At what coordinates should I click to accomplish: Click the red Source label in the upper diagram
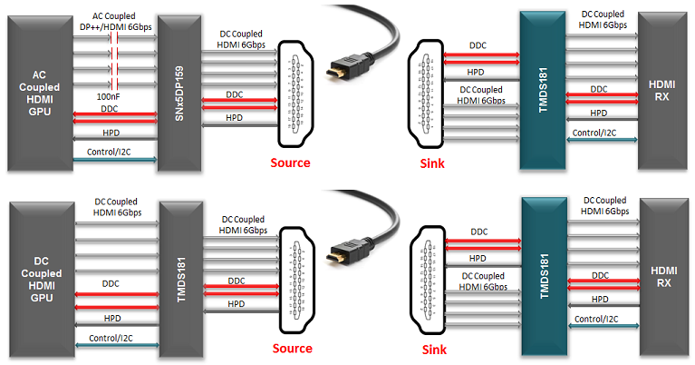click(291, 163)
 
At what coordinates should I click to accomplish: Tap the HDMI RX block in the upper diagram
click(663, 90)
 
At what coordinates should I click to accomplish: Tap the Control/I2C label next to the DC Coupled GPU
click(109, 338)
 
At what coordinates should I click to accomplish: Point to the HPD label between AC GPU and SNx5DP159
click(109, 133)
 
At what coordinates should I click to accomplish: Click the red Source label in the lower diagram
click(291, 348)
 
